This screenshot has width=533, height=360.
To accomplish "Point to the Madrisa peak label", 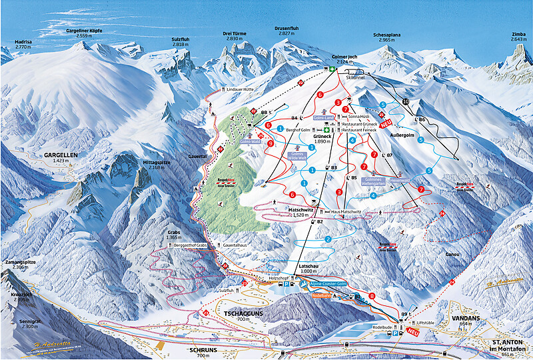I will (x=23, y=41).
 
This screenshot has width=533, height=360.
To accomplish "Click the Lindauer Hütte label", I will (x=241, y=89).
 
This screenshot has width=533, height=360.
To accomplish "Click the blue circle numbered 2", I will (x=328, y=239).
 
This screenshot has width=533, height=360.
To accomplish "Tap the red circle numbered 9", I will (x=270, y=143).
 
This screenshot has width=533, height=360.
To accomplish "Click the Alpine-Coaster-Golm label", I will (x=327, y=284).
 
